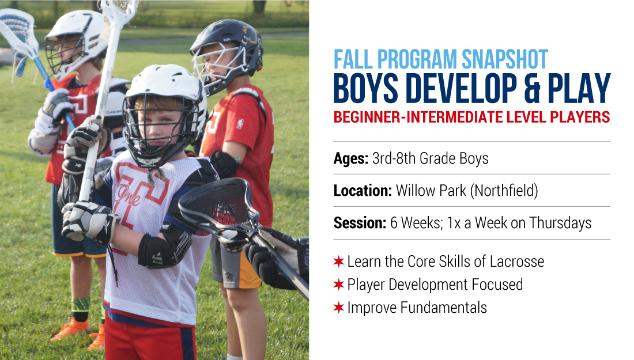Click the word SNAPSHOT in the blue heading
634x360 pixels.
505,59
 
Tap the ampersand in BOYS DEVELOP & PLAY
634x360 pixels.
533,88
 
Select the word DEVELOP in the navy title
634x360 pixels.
461,88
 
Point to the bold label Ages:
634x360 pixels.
350,158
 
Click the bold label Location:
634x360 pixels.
363,190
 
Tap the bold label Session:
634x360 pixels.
360,223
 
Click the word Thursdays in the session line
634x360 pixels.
560,223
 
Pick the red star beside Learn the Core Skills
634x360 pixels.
338,262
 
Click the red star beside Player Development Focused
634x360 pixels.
338,285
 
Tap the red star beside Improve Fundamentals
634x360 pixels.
338,308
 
